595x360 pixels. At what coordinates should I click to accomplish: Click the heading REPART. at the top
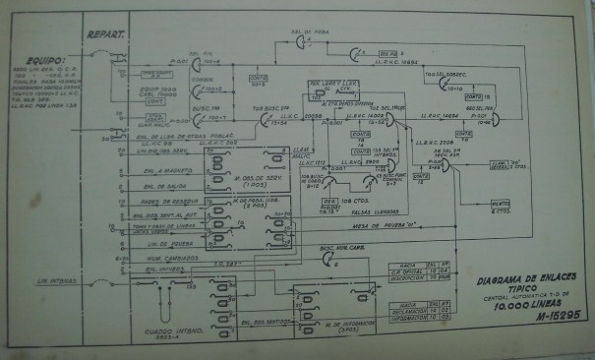click(105, 33)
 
